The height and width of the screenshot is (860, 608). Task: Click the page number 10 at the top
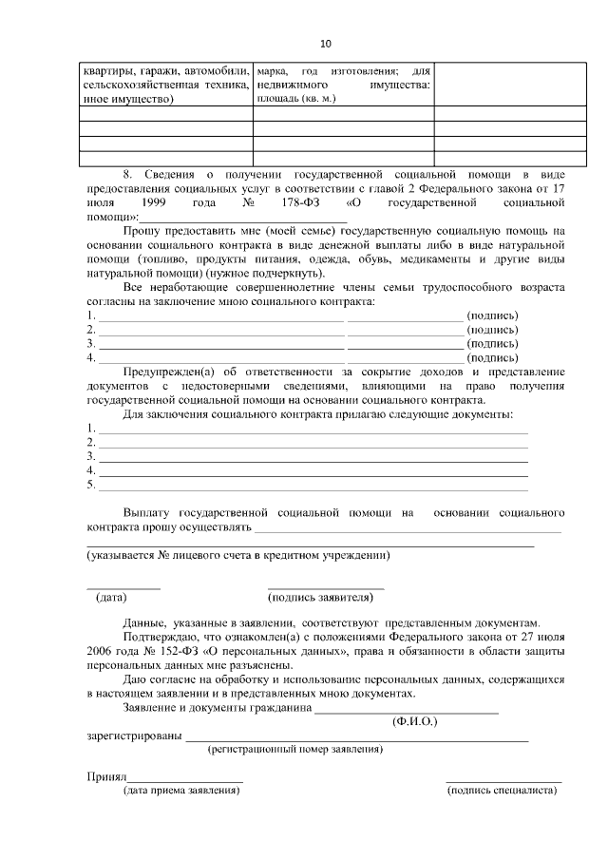click(x=326, y=44)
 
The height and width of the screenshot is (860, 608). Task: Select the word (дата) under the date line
click(x=111, y=598)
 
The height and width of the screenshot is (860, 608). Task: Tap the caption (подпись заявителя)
click(x=321, y=598)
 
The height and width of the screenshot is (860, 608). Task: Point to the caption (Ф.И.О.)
click(x=413, y=722)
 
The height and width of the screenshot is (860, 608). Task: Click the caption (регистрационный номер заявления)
click(x=295, y=749)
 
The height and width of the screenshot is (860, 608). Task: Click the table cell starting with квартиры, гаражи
click(x=165, y=86)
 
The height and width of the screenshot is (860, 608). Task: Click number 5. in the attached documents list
click(x=91, y=485)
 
